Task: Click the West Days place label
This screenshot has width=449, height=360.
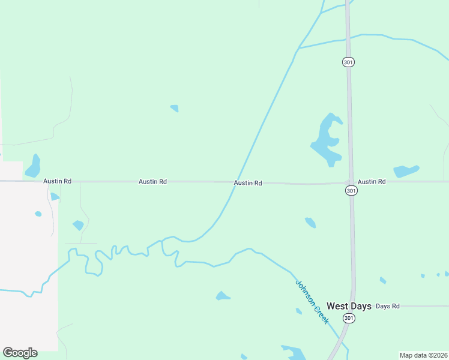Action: click(349, 306)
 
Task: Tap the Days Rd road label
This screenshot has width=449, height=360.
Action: click(387, 306)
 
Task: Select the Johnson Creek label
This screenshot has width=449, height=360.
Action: click(312, 302)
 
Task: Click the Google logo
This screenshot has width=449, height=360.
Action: click(20, 353)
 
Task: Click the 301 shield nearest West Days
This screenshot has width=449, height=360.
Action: click(349, 317)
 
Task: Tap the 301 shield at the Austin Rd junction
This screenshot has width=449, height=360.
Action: click(351, 190)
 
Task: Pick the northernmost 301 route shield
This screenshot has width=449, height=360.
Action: click(348, 62)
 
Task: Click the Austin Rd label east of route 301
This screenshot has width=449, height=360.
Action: click(372, 181)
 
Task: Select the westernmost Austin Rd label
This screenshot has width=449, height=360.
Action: click(57, 181)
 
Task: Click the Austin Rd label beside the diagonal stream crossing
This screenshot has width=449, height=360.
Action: click(248, 183)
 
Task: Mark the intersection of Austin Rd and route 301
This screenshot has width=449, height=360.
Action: click(351, 181)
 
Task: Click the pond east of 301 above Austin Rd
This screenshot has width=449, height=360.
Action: click(406, 171)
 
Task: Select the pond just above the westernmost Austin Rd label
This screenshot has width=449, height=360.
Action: click(33, 167)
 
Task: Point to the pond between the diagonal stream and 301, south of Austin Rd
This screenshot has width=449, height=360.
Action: click(310, 223)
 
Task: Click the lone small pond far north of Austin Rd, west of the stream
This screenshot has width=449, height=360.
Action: click(175, 109)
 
